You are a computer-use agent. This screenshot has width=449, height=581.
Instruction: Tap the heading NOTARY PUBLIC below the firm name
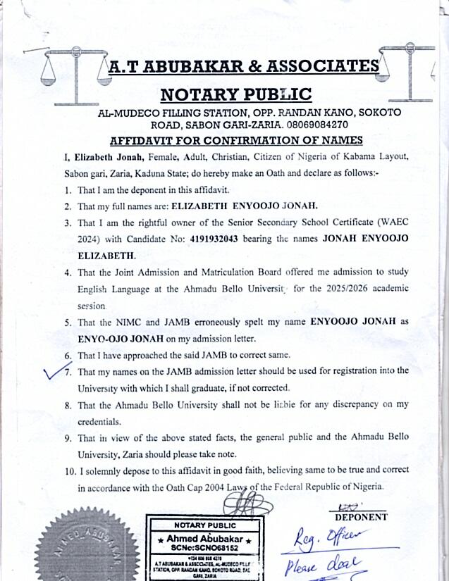pos(235,94)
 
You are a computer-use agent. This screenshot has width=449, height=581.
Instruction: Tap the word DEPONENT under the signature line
pos(360,516)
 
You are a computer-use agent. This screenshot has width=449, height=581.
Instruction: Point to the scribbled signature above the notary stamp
pos(247,504)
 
